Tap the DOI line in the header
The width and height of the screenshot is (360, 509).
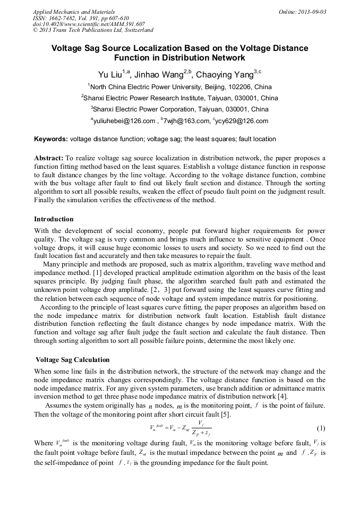point(89,24)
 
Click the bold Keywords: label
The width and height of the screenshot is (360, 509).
point(51,139)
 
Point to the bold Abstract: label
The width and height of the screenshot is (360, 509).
point(49,158)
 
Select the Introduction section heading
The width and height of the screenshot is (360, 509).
point(54,219)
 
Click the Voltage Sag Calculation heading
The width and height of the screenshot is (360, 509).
point(72,360)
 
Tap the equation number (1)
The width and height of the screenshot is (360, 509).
point(321,428)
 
